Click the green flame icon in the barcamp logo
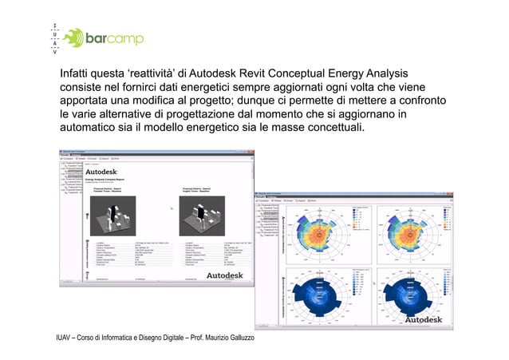pos(73,37)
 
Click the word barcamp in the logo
pos(115,38)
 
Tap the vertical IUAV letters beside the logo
pos(54,37)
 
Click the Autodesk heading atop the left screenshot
pos(101,171)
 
